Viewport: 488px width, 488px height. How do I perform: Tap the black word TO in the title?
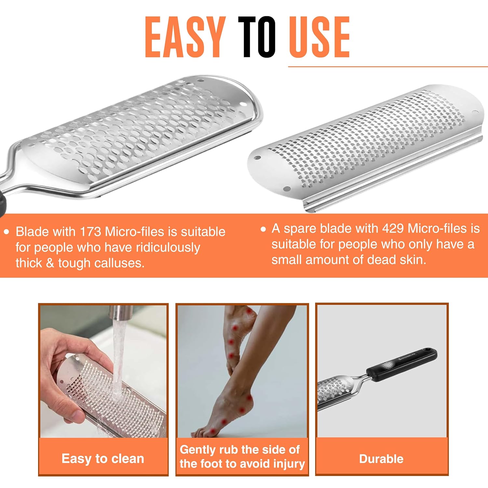click(x=257, y=37)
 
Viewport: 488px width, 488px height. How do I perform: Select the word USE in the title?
click(x=319, y=37)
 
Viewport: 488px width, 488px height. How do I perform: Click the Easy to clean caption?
click(x=103, y=459)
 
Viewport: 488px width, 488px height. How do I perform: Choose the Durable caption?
click(x=381, y=459)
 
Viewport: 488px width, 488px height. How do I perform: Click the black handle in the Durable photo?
click(x=402, y=365)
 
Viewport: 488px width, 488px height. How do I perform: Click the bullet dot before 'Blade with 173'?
click(x=6, y=232)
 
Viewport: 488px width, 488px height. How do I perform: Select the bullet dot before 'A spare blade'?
click(x=263, y=229)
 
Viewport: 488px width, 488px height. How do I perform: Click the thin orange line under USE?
click(x=388, y=67)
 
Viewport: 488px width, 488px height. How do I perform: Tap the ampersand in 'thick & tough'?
click(x=50, y=263)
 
